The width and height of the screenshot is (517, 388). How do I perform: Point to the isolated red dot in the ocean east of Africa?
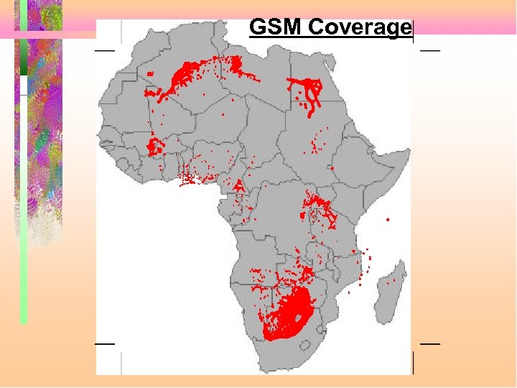click(388, 218)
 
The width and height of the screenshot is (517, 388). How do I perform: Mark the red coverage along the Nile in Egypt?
click(309, 93)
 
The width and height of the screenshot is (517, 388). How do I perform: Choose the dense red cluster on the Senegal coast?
click(153, 147)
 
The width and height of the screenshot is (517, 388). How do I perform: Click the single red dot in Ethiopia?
click(332, 167)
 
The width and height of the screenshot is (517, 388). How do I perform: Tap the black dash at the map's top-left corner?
click(105, 50)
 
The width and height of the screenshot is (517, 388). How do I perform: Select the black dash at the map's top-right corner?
click(430, 50)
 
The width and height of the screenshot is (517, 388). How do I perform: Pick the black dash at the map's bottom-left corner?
click(105, 343)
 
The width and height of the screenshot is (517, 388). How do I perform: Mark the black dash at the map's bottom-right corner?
click(430, 343)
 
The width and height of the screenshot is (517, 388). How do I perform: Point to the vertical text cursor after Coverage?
click(414, 29)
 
